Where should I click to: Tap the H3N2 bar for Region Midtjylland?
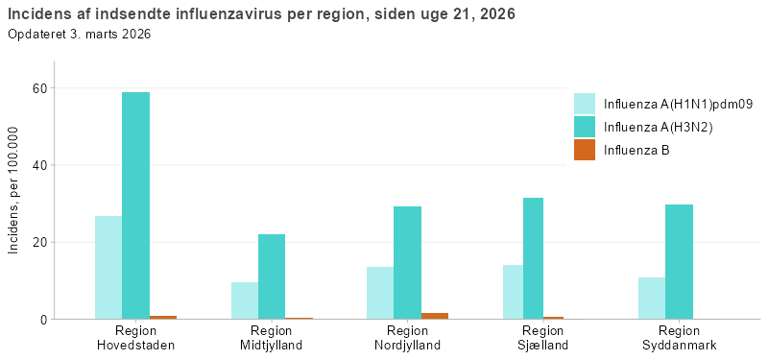(272, 276)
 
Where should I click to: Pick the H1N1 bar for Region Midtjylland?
(245, 300)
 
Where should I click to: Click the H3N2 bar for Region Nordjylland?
(407, 262)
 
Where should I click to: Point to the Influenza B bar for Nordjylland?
(434, 315)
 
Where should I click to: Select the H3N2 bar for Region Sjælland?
(533, 258)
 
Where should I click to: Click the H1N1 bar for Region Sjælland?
(513, 292)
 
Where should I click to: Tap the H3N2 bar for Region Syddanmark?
(679, 261)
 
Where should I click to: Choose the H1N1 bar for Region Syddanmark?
(652, 298)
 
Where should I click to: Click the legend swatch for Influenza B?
(585, 150)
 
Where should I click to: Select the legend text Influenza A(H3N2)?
(658, 127)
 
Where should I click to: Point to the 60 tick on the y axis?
(40, 88)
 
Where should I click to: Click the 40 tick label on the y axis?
(40, 165)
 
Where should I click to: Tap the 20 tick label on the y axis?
(40, 242)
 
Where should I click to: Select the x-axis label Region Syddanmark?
(679, 338)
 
